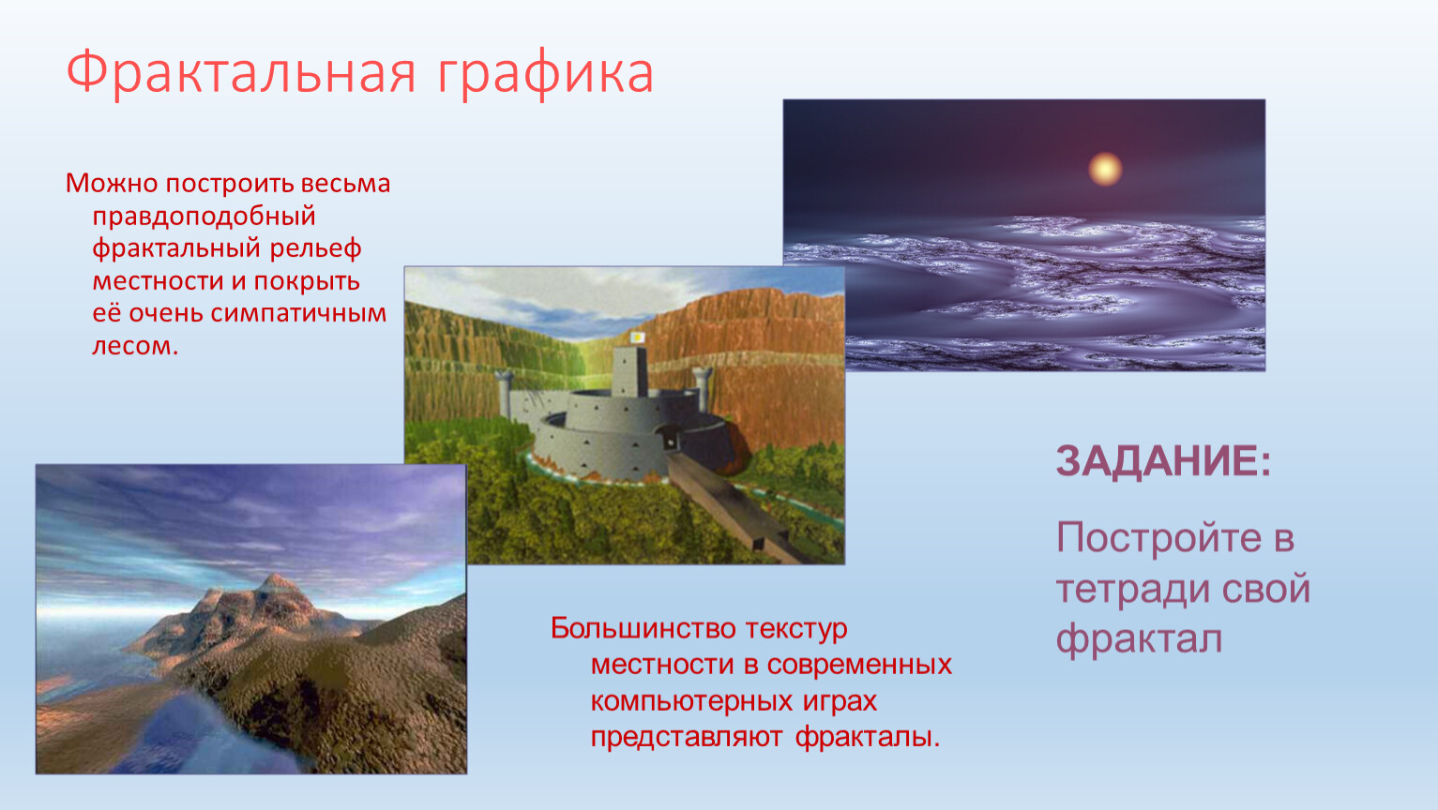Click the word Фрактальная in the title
241,73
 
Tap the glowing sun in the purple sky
1105,169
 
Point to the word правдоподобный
204,217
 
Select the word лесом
135,346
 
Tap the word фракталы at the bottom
868,737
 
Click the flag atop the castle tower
637,337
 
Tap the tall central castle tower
629,371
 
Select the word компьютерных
691,701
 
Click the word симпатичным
298,314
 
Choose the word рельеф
315,249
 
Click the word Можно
112,184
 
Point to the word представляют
687,738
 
